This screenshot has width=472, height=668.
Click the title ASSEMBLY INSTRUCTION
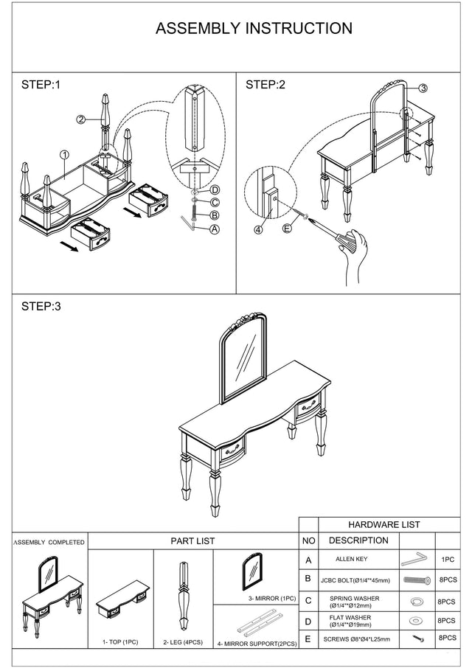pos(254,29)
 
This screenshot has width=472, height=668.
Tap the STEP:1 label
pos(41,85)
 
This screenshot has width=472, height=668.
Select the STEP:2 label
pos(265,85)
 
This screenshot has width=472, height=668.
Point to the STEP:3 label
pos(41,306)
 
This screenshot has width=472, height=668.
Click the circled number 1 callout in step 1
pos(65,155)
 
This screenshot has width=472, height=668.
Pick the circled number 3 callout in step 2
pos(423,88)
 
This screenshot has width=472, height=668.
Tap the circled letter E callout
pos(288,228)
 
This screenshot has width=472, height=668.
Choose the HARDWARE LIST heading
pos(383,524)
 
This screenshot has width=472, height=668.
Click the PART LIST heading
pos(192,540)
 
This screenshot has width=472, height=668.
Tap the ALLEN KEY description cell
pos(351,560)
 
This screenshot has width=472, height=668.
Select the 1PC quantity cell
pos(447,560)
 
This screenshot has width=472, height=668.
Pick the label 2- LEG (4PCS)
pos(183,642)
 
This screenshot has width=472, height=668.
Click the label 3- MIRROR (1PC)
pos(271,598)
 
